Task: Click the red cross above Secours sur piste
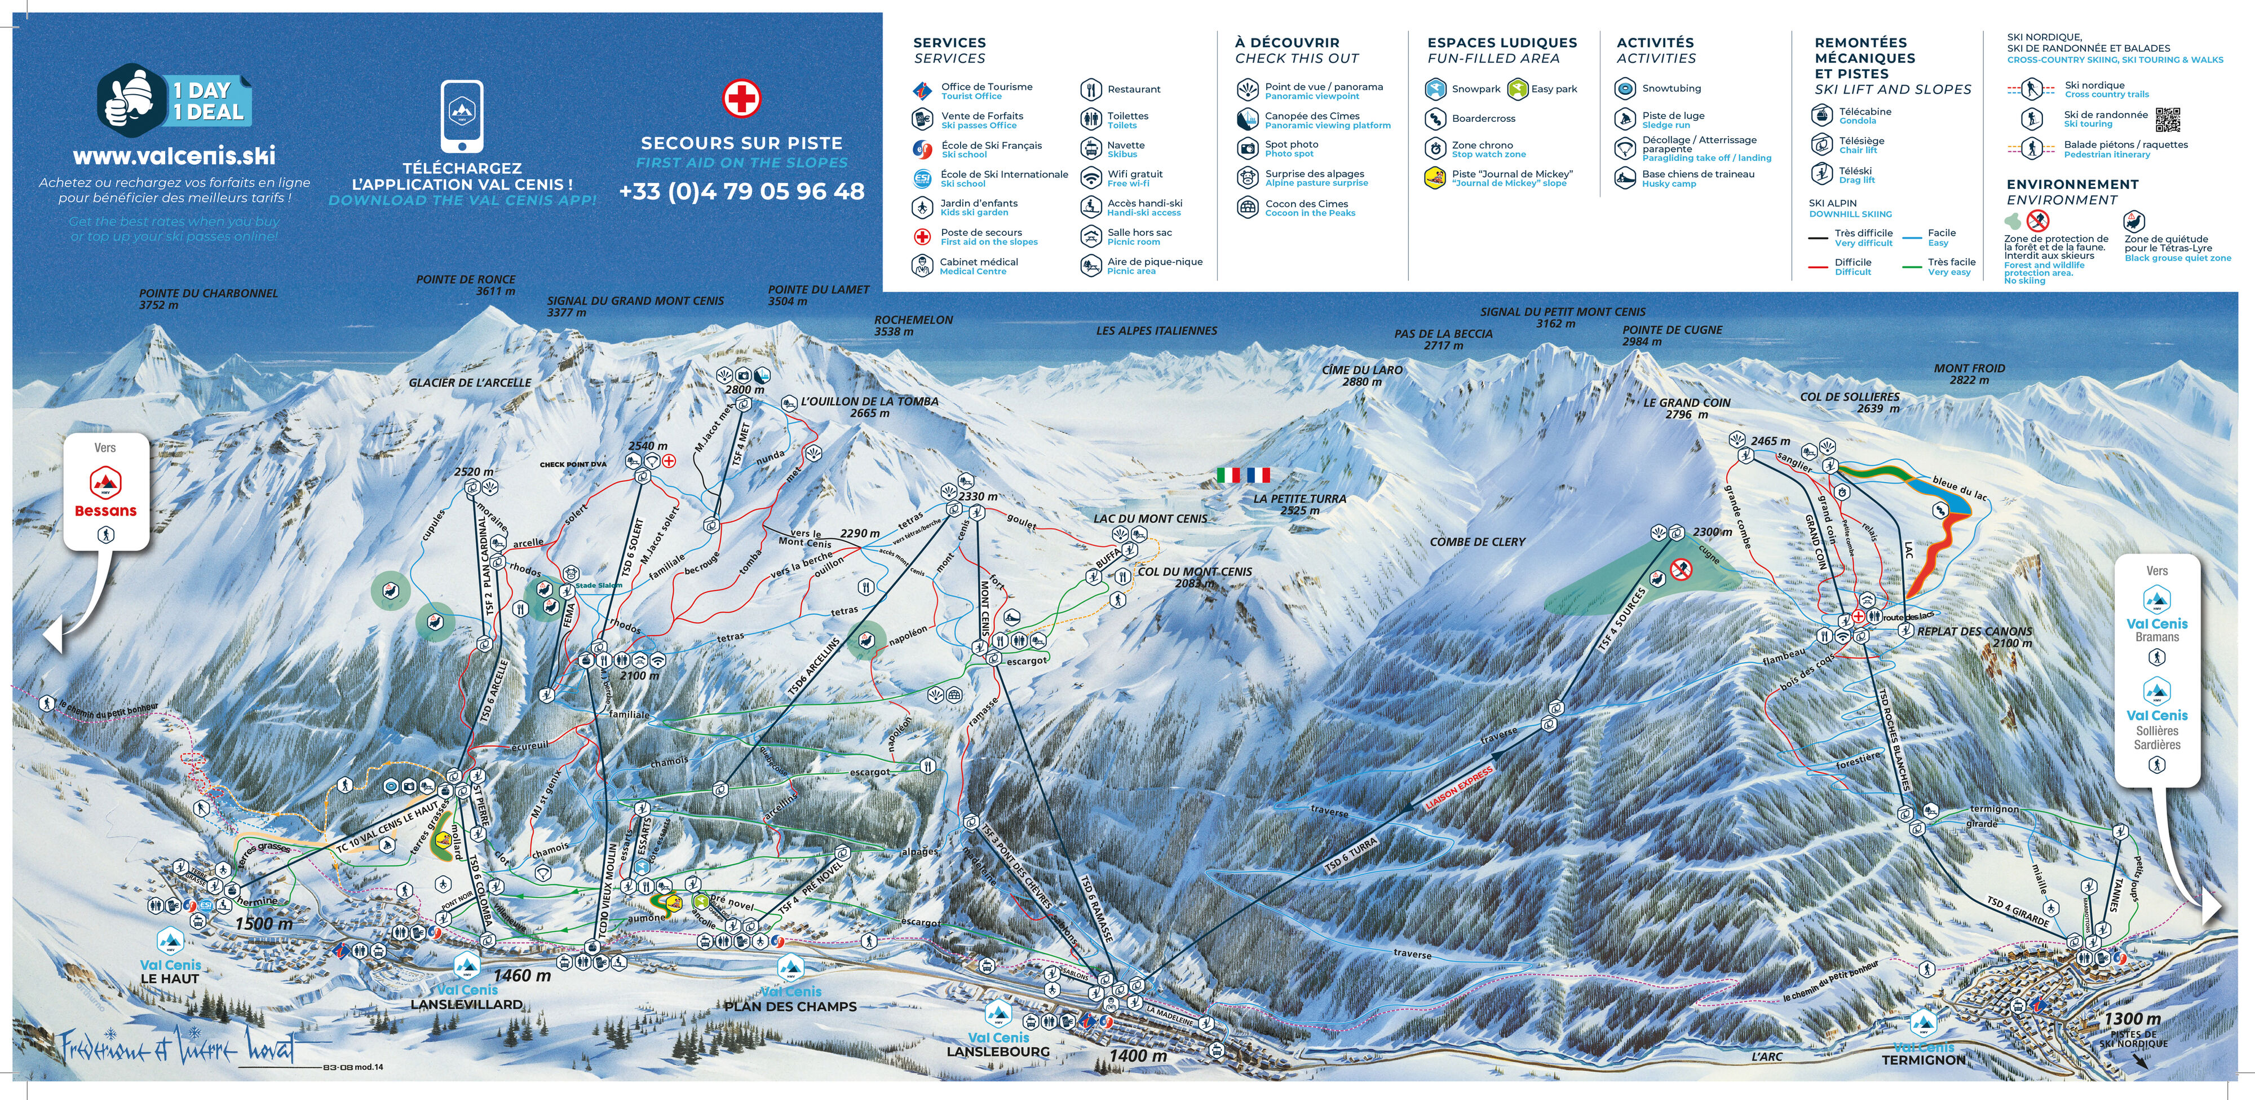(x=741, y=98)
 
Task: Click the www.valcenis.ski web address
(x=174, y=156)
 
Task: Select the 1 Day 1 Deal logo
(x=174, y=101)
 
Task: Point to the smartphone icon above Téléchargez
(x=461, y=116)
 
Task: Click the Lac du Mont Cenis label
(x=1149, y=518)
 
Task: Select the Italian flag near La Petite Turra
(x=1229, y=474)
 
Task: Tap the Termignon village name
(x=1923, y=1060)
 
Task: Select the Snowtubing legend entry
(x=1670, y=89)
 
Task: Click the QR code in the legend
(x=2168, y=119)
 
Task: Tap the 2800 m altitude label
(x=744, y=390)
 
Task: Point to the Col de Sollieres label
(x=1849, y=402)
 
